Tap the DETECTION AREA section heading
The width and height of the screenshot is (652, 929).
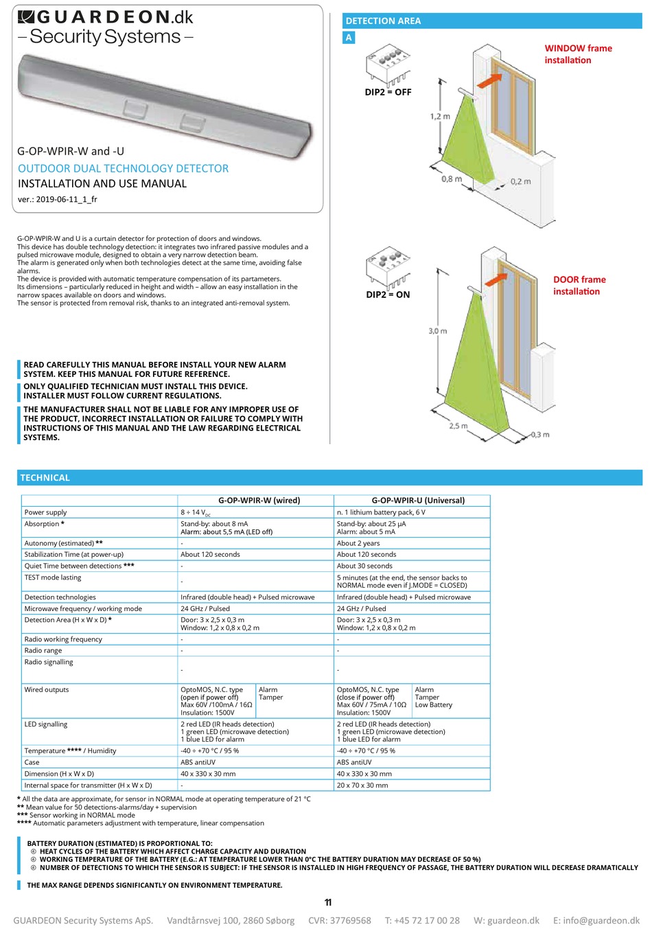pyautogui.click(x=383, y=21)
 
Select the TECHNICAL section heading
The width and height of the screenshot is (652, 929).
pyautogui.click(x=45, y=478)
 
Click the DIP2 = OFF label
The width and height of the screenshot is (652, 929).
pyautogui.click(x=388, y=92)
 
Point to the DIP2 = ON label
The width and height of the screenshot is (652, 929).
pyautogui.click(x=388, y=295)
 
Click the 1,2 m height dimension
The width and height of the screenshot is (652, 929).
pyautogui.click(x=440, y=116)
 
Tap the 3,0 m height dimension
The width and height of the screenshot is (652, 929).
pyautogui.click(x=438, y=331)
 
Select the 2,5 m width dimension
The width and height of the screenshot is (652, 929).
pyautogui.click(x=458, y=426)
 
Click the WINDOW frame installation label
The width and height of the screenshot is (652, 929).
pyautogui.click(x=578, y=54)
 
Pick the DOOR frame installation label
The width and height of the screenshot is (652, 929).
pyautogui.click(x=579, y=286)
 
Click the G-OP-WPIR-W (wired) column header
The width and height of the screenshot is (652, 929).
pyautogui.click(x=259, y=501)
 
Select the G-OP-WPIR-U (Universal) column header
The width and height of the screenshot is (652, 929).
pyautogui.click(x=418, y=501)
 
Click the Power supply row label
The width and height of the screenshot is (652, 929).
pyautogui.click(x=45, y=512)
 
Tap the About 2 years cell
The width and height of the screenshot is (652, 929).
pyautogui.click(x=358, y=543)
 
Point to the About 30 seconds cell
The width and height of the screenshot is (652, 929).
pyautogui.click(x=364, y=566)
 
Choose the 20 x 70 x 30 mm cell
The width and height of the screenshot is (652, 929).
pyautogui.click(x=362, y=785)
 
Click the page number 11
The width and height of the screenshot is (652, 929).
pyautogui.click(x=328, y=902)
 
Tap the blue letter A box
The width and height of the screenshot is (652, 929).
pyautogui.click(x=349, y=38)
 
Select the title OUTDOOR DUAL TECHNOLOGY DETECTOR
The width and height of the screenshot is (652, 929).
pyautogui.click(x=123, y=168)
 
